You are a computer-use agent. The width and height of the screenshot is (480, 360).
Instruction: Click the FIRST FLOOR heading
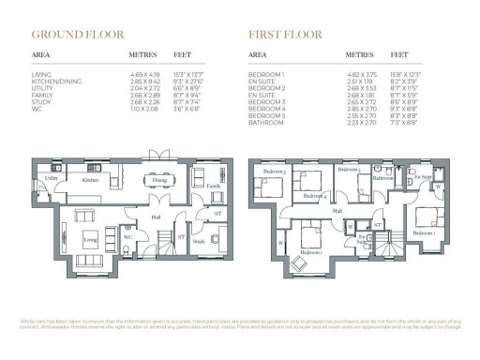286,35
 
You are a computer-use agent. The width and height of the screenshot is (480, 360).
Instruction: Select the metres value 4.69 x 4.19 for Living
144,73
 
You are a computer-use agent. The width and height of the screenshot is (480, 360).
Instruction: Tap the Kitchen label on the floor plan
90,179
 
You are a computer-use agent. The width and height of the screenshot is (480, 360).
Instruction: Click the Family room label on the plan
213,187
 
